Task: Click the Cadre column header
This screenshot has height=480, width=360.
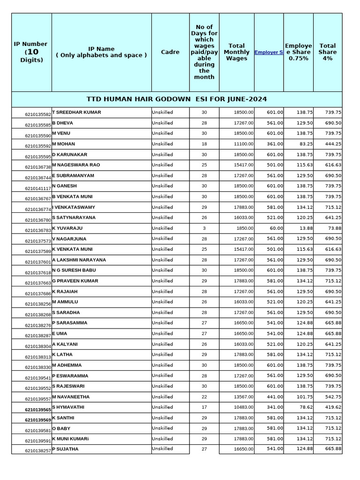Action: [x=170, y=52]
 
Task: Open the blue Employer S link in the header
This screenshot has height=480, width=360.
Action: [x=269, y=52]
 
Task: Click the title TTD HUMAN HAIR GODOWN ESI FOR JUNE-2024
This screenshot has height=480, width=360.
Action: [x=177, y=99]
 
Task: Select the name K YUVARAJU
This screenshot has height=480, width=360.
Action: [x=67, y=228]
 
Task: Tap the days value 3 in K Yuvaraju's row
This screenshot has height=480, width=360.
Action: [x=204, y=228]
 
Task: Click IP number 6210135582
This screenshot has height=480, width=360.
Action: [x=38, y=114]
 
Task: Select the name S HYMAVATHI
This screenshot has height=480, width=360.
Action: [x=68, y=407]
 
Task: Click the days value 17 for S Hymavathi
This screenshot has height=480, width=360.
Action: [x=204, y=407]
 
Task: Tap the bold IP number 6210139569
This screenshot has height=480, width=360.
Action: [x=38, y=420]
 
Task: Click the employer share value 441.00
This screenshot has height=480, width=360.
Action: [x=275, y=397]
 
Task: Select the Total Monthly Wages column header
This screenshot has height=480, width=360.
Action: [x=236, y=52]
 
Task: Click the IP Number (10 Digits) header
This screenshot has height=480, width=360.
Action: [x=31, y=52]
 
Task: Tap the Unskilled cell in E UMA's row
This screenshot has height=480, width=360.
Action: [x=162, y=334]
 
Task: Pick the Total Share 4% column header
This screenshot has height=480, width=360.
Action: [x=327, y=52]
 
